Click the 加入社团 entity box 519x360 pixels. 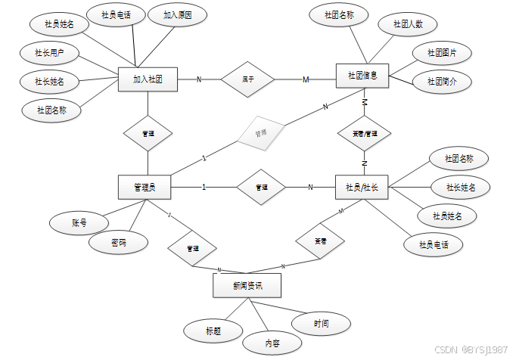click(x=148, y=79)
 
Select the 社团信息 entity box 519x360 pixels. click(x=362, y=75)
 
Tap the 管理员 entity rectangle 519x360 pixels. click(x=145, y=187)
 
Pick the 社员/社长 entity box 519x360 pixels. click(x=362, y=187)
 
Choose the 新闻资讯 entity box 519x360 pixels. click(x=247, y=285)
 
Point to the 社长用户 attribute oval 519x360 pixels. click(x=49, y=54)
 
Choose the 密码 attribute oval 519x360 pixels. click(x=119, y=243)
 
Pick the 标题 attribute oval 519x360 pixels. click(x=213, y=331)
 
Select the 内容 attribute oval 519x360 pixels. click(x=272, y=343)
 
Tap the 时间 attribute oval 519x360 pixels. click(x=322, y=323)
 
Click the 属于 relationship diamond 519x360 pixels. click(x=247, y=79)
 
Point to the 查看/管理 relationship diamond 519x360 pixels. click(x=364, y=133)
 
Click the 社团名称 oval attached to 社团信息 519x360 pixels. click(x=340, y=14)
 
